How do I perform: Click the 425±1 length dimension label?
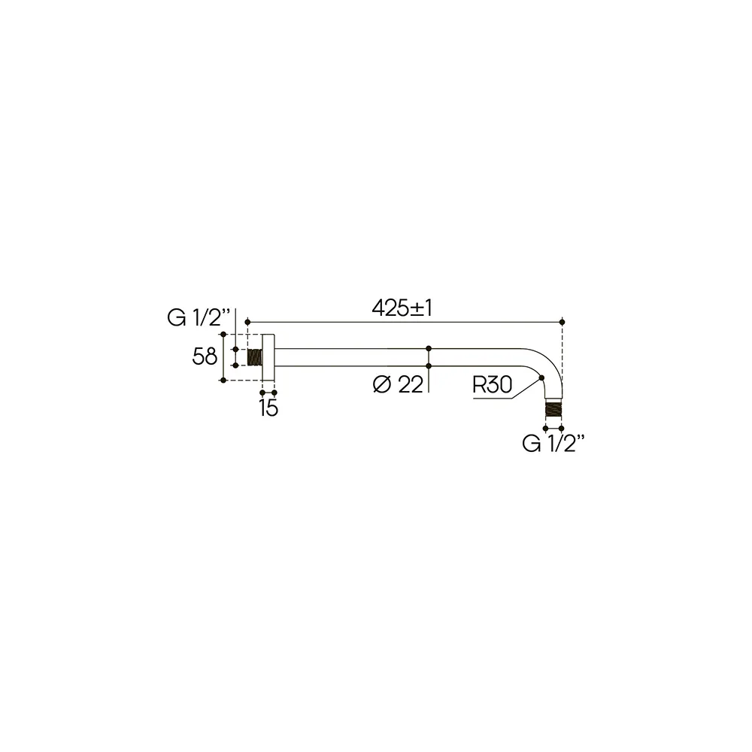(x=402, y=308)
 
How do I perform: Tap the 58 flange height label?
(x=205, y=356)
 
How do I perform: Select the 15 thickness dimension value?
(x=268, y=408)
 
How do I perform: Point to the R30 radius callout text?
(x=493, y=384)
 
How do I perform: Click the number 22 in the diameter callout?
(x=411, y=384)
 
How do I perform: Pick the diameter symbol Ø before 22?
(x=382, y=384)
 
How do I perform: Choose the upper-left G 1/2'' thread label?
(x=199, y=317)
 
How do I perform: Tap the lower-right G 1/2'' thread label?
(x=553, y=444)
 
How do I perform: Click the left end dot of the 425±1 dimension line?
(x=247, y=322)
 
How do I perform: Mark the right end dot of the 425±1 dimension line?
(x=562, y=322)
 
